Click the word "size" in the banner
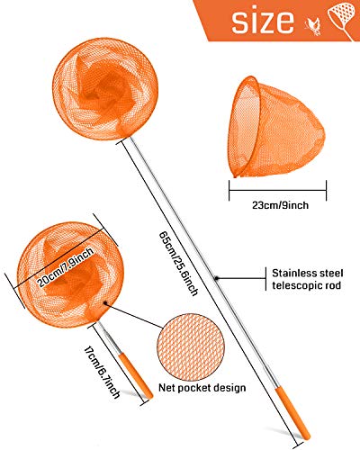[263, 21]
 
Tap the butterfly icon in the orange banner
[312, 27]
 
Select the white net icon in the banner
[343, 21]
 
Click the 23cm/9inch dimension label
[280, 205]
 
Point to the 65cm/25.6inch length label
[178, 264]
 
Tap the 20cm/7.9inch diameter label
[66, 267]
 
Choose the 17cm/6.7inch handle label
[103, 373]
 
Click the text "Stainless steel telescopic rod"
[308, 279]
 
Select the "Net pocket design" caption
[202, 388]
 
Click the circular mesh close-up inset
[191, 347]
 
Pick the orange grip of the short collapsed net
[135, 376]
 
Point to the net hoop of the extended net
[105, 89]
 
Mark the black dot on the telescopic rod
[216, 278]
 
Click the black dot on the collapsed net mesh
[105, 303]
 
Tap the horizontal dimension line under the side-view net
[277, 190]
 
